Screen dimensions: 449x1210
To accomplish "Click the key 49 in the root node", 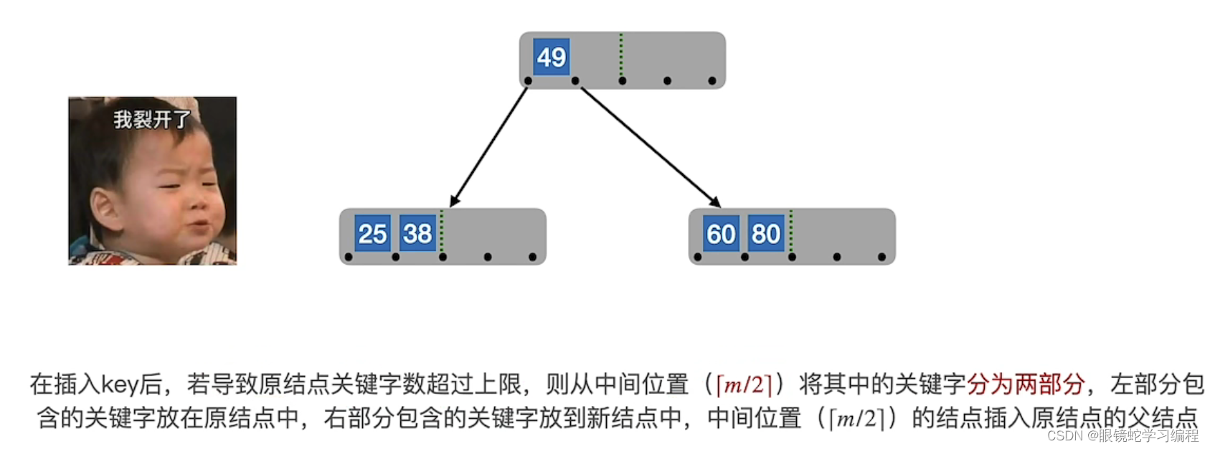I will coord(551,57).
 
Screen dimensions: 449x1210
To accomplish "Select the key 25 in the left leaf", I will coord(372,234).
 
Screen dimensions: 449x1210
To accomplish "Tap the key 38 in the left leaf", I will coord(417,234).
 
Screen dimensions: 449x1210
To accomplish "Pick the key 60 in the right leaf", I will coord(721,234).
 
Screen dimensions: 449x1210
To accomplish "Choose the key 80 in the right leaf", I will coord(766,234).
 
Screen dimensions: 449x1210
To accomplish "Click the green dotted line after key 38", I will coord(442,231).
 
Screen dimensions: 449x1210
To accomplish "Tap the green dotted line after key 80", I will coord(791,231).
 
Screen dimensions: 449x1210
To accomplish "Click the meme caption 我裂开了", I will coord(152,119).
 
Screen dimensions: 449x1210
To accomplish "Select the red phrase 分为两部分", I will coord(1025,385).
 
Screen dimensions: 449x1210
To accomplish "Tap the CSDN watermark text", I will coord(1122,435).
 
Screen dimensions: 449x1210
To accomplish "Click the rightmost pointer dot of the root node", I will coord(712,81).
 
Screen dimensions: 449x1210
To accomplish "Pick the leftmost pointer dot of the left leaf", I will coord(349,257).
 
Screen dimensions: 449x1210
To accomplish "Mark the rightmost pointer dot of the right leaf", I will coord(881,257).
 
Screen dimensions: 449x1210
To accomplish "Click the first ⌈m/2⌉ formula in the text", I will coord(744,385).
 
